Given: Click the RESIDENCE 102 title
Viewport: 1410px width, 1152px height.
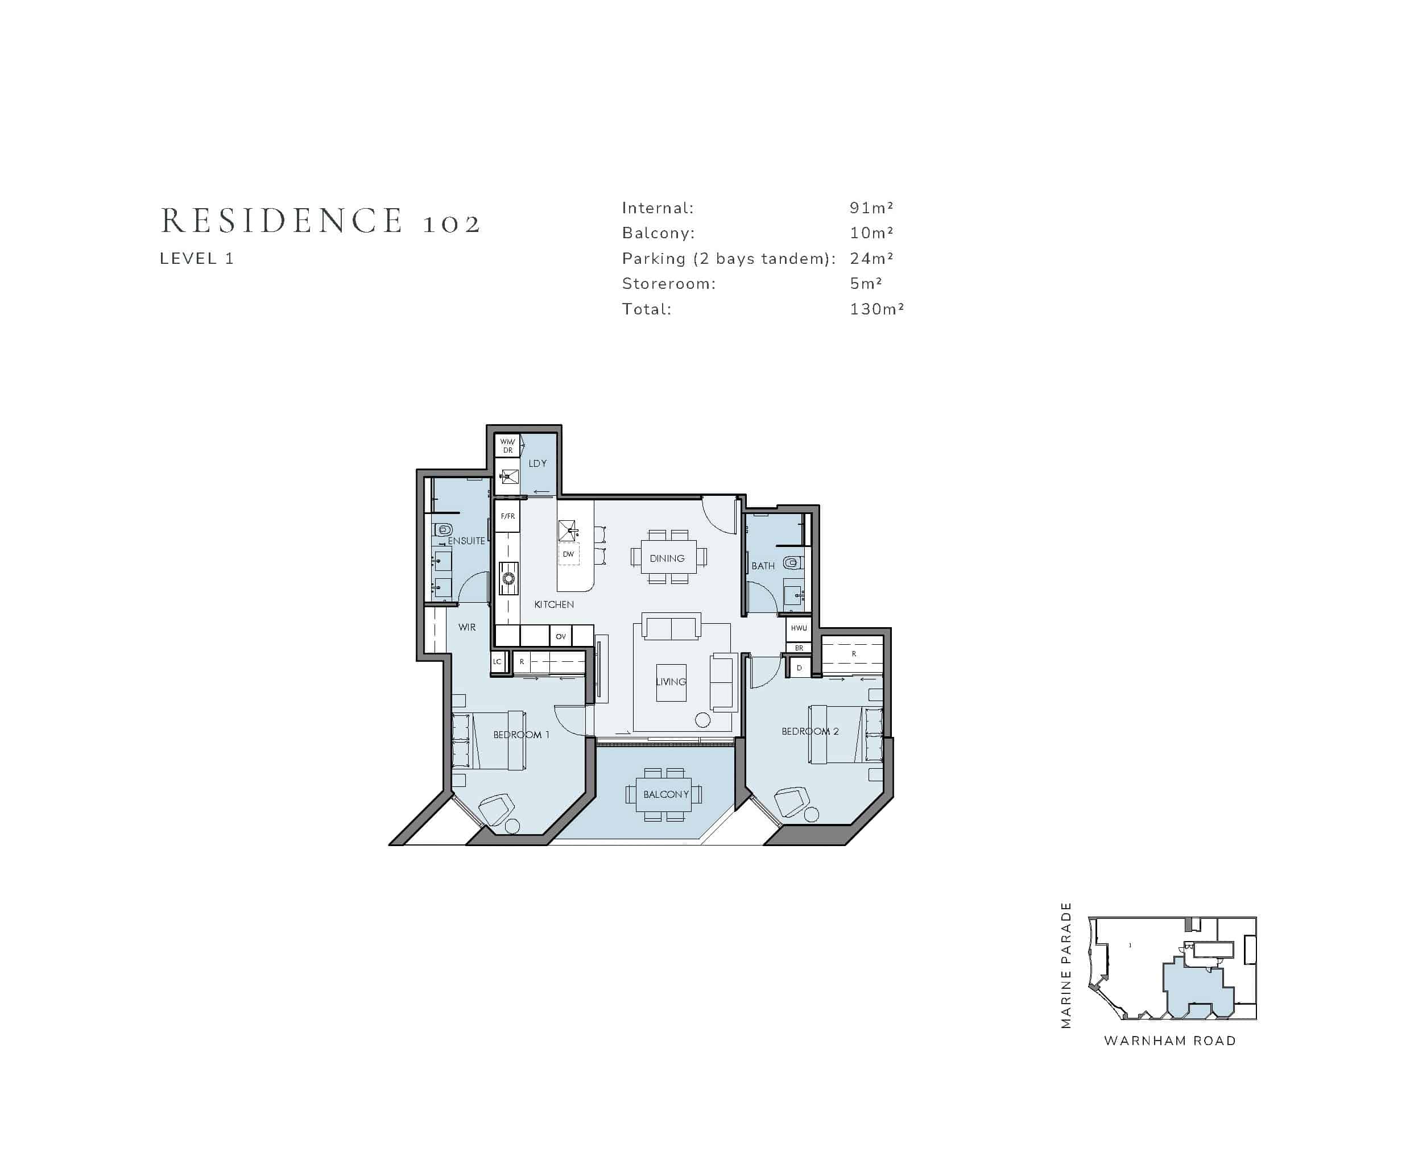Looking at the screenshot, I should pyautogui.click(x=321, y=221).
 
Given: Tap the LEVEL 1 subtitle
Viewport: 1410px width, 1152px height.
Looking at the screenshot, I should pyautogui.click(x=196, y=259).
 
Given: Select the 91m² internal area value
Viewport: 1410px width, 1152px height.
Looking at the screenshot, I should pyautogui.click(x=871, y=208).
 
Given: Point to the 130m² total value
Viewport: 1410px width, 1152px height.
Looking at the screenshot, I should pyautogui.click(x=876, y=309).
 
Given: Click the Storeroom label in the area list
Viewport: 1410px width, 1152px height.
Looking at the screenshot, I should pyautogui.click(x=668, y=284).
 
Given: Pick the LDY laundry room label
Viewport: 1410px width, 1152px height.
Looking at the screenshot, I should pyautogui.click(x=537, y=463).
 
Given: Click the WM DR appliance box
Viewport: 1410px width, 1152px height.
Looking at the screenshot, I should pyautogui.click(x=507, y=446).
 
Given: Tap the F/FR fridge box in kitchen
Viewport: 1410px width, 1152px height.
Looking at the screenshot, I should pyautogui.click(x=507, y=516).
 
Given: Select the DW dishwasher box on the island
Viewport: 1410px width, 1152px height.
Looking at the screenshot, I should pyautogui.click(x=568, y=554).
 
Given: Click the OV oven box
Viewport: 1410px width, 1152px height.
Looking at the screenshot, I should pyautogui.click(x=560, y=636).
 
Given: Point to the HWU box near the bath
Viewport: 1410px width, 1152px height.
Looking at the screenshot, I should pyautogui.click(x=799, y=628).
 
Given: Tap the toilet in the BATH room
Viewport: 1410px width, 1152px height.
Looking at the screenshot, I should pyautogui.click(x=792, y=563).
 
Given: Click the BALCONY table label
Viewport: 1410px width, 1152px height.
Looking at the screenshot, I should pyautogui.click(x=666, y=794).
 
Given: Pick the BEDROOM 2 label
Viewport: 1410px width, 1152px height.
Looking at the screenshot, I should pyautogui.click(x=810, y=731).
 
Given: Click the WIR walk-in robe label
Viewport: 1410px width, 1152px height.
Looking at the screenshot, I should pyautogui.click(x=466, y=627).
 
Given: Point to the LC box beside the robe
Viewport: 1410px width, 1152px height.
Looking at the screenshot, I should pyautogui.click(x=497, y=662).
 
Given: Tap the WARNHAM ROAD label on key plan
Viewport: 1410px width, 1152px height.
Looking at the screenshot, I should pyautogui.click(x=1169, y=1041).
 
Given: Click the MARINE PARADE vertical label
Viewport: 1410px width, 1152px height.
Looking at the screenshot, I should pyautogui.click(x=1066, y=965).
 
